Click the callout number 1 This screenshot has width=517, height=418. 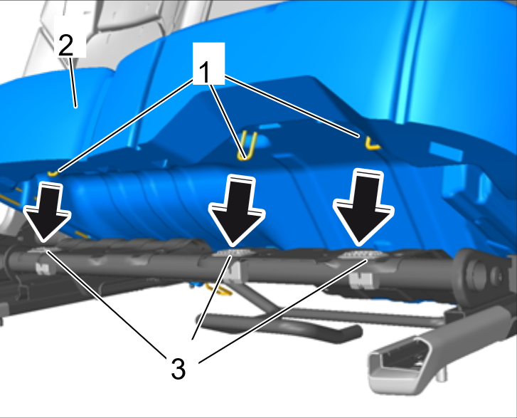pyautogui.click(x=205, y=73)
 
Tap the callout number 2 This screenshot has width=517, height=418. pyautogui.click(x=65, y=45)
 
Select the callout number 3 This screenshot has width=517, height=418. pyautogui.click(x=178, y=368)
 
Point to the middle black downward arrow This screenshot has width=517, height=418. pyautogui.click(x=236, y=210)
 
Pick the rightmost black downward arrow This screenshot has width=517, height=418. pyautogui.click(x=363, y=207)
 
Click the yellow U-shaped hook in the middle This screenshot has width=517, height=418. pyautogui.click(x=248, y=146)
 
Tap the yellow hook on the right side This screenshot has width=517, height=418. pyautogui.click(x=372, y=142)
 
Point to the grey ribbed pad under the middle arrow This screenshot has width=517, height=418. pyautogui.click(x=232, y=253)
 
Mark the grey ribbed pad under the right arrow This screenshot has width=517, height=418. pyautogui.click(x=361, y=254)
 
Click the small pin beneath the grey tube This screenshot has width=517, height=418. pyautogui.click(x=442, y=375)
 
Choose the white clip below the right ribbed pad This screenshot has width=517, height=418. pyautogui.click(x=361, y=280)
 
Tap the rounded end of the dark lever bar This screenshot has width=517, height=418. pyautogui.click(x=353, y=333)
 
